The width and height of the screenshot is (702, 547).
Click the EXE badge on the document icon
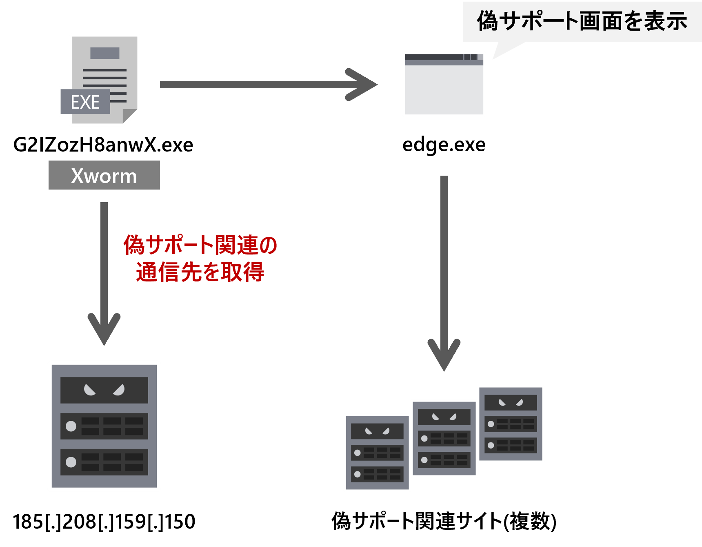click(85, 102)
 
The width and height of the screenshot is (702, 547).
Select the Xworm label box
click(104, 175)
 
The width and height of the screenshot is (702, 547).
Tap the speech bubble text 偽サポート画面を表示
click(582, 21)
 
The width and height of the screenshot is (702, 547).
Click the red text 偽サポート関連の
click(200, 245)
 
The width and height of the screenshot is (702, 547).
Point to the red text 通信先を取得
click(200, 272)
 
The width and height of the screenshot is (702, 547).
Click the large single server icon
click(104, 426)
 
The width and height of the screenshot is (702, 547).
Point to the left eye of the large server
click(89, 390)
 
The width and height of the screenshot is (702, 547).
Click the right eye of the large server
click(119, 390)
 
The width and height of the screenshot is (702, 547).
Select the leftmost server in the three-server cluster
click(377, 453)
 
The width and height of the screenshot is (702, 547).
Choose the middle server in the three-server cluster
click(444, 438)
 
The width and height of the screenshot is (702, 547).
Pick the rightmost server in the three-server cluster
click(511, 424)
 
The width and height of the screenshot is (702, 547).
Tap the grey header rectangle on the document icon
click(105, 53)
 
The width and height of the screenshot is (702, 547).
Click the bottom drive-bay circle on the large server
click(71, 462)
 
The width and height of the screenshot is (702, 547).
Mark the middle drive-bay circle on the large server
click(71, 426)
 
